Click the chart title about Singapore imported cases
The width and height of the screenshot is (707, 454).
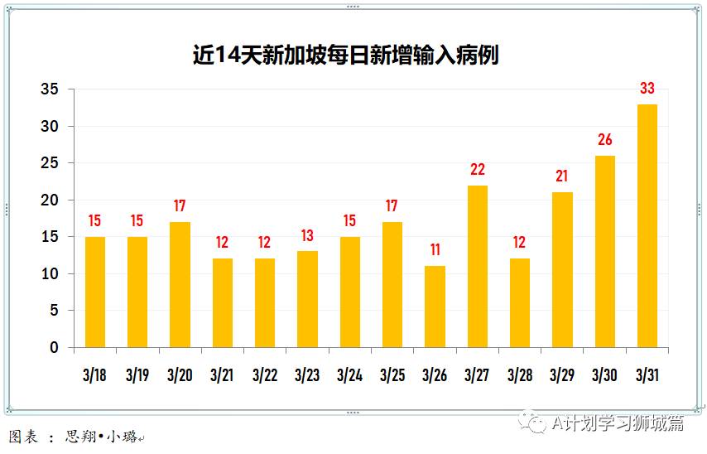click(x=345, y=56)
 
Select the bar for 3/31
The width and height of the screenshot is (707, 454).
click(x=647, y=225)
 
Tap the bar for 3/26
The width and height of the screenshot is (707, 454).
click(x=435, y=307)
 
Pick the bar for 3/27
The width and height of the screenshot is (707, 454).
click(x=477, y=266)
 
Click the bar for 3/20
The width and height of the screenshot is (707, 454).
click(x=180, y=284)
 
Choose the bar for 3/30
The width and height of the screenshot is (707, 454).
click(x=604, y=251)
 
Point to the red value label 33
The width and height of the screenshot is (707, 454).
click(x=647, y=89)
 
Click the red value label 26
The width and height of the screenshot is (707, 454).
click(x=604, y=140)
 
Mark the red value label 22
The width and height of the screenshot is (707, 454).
click(x=477, y=170)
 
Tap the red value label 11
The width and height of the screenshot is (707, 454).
click(x=435, y=250)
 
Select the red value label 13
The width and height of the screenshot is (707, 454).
click(x=307, y=235)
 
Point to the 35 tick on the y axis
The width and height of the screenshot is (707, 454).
click(x=50, y=89)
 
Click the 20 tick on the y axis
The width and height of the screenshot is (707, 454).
click(x=50, y=200)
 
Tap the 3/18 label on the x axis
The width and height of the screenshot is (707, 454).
click(x=95, y=374)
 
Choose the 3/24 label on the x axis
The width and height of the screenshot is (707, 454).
click(x=349, y=374)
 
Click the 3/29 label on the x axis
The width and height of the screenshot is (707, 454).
click(x=562, y=374)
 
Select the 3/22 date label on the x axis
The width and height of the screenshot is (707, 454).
click(x=265, y=374)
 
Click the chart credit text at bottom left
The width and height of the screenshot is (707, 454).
click(x=75, y=437)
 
